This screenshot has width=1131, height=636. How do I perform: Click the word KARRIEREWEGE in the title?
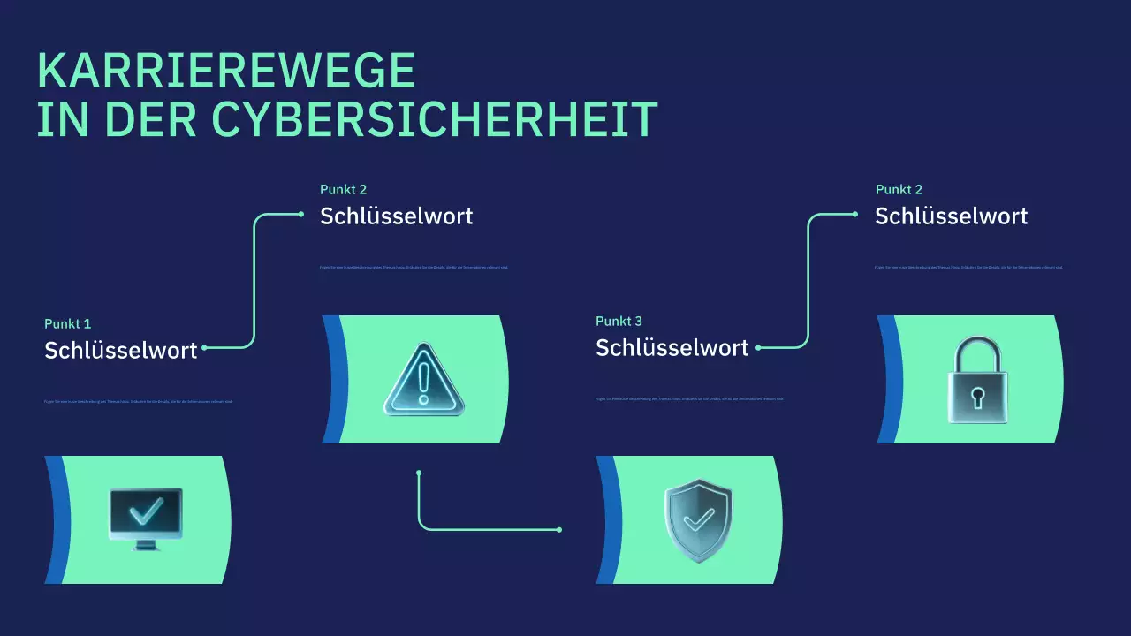coord(226,71)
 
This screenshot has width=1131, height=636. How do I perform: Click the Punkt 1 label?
coord(68,323)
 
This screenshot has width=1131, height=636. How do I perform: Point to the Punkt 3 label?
coord(619,321)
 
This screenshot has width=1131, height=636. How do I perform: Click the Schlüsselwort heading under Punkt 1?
coord(121,350)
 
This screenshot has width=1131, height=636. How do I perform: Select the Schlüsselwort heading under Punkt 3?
coord(672,347)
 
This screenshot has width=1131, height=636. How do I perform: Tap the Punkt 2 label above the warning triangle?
coord(343,189)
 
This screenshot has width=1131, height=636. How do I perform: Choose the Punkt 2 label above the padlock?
coord(899,189)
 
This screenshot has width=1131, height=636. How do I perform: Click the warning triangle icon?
coord(424,382)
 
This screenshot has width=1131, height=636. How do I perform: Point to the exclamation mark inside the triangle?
coord(424,383)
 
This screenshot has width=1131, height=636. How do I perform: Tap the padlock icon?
coord(977,380)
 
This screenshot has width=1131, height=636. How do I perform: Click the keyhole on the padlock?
coord(977,397)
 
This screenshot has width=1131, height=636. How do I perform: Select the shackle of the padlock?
coord(977,353)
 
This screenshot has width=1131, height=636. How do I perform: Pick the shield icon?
coord(698,520)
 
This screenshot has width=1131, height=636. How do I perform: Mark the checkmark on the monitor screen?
coord(146,510)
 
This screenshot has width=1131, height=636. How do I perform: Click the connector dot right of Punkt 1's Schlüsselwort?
coord(205,347)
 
